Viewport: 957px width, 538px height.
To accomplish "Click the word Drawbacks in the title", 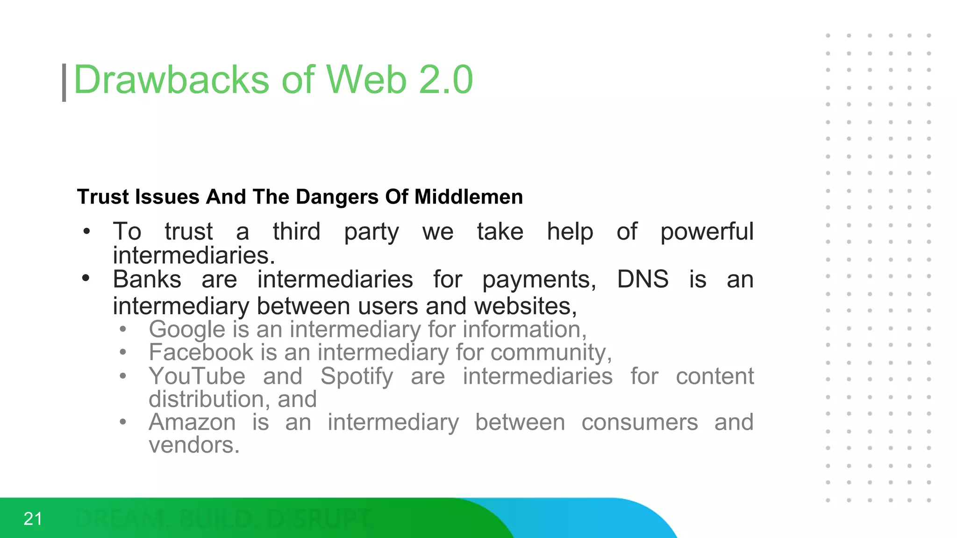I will [x=171, y=80].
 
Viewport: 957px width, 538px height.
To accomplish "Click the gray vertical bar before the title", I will [x=64, y=83].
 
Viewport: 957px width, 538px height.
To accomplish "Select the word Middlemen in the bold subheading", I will [x=468, y=197].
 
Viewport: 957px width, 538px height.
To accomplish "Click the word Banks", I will [x=147, y=279].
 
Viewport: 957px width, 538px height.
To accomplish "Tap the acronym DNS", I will [x=643, y=279].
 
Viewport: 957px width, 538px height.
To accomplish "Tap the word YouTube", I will [x=197, y=376].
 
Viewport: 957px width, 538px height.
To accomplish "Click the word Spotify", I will [x=357, y=376].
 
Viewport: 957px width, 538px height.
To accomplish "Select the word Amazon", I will [x=192, y=422].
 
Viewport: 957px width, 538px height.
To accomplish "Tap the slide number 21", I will [x=33, y=519].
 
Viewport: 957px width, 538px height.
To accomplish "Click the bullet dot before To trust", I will [x=86, y=231].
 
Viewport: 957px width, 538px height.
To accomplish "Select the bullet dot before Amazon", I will [x=123, y=422].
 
